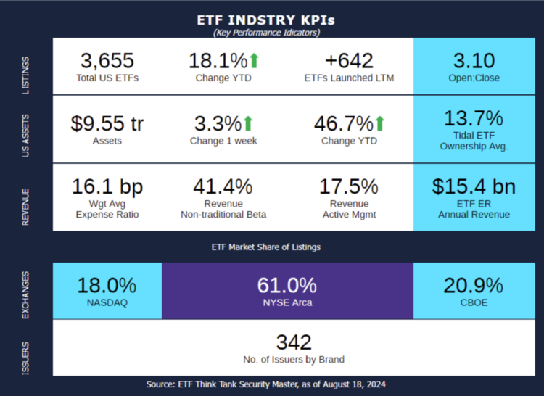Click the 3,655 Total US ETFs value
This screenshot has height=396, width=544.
click(107, 60)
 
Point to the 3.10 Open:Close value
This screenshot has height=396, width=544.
click(474, 60)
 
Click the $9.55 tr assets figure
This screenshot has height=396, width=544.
click(107, 123)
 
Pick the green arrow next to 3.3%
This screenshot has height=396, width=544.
click(247, 123)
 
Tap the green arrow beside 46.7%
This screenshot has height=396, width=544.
click(379, 123)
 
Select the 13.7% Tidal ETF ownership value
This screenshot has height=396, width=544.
click(474, 118)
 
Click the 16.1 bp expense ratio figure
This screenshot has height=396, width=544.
click(107, 186)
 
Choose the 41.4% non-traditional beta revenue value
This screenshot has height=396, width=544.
click(223, 186)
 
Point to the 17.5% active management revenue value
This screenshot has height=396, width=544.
click(349, 186)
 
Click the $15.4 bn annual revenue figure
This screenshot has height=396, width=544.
click(474, 186)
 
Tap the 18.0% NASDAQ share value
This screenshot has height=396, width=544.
click(107, 285)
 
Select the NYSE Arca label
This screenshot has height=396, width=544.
click(287, 302)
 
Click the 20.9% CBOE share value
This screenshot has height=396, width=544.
click(474, 285)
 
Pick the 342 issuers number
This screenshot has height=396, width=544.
click(294, 342)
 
